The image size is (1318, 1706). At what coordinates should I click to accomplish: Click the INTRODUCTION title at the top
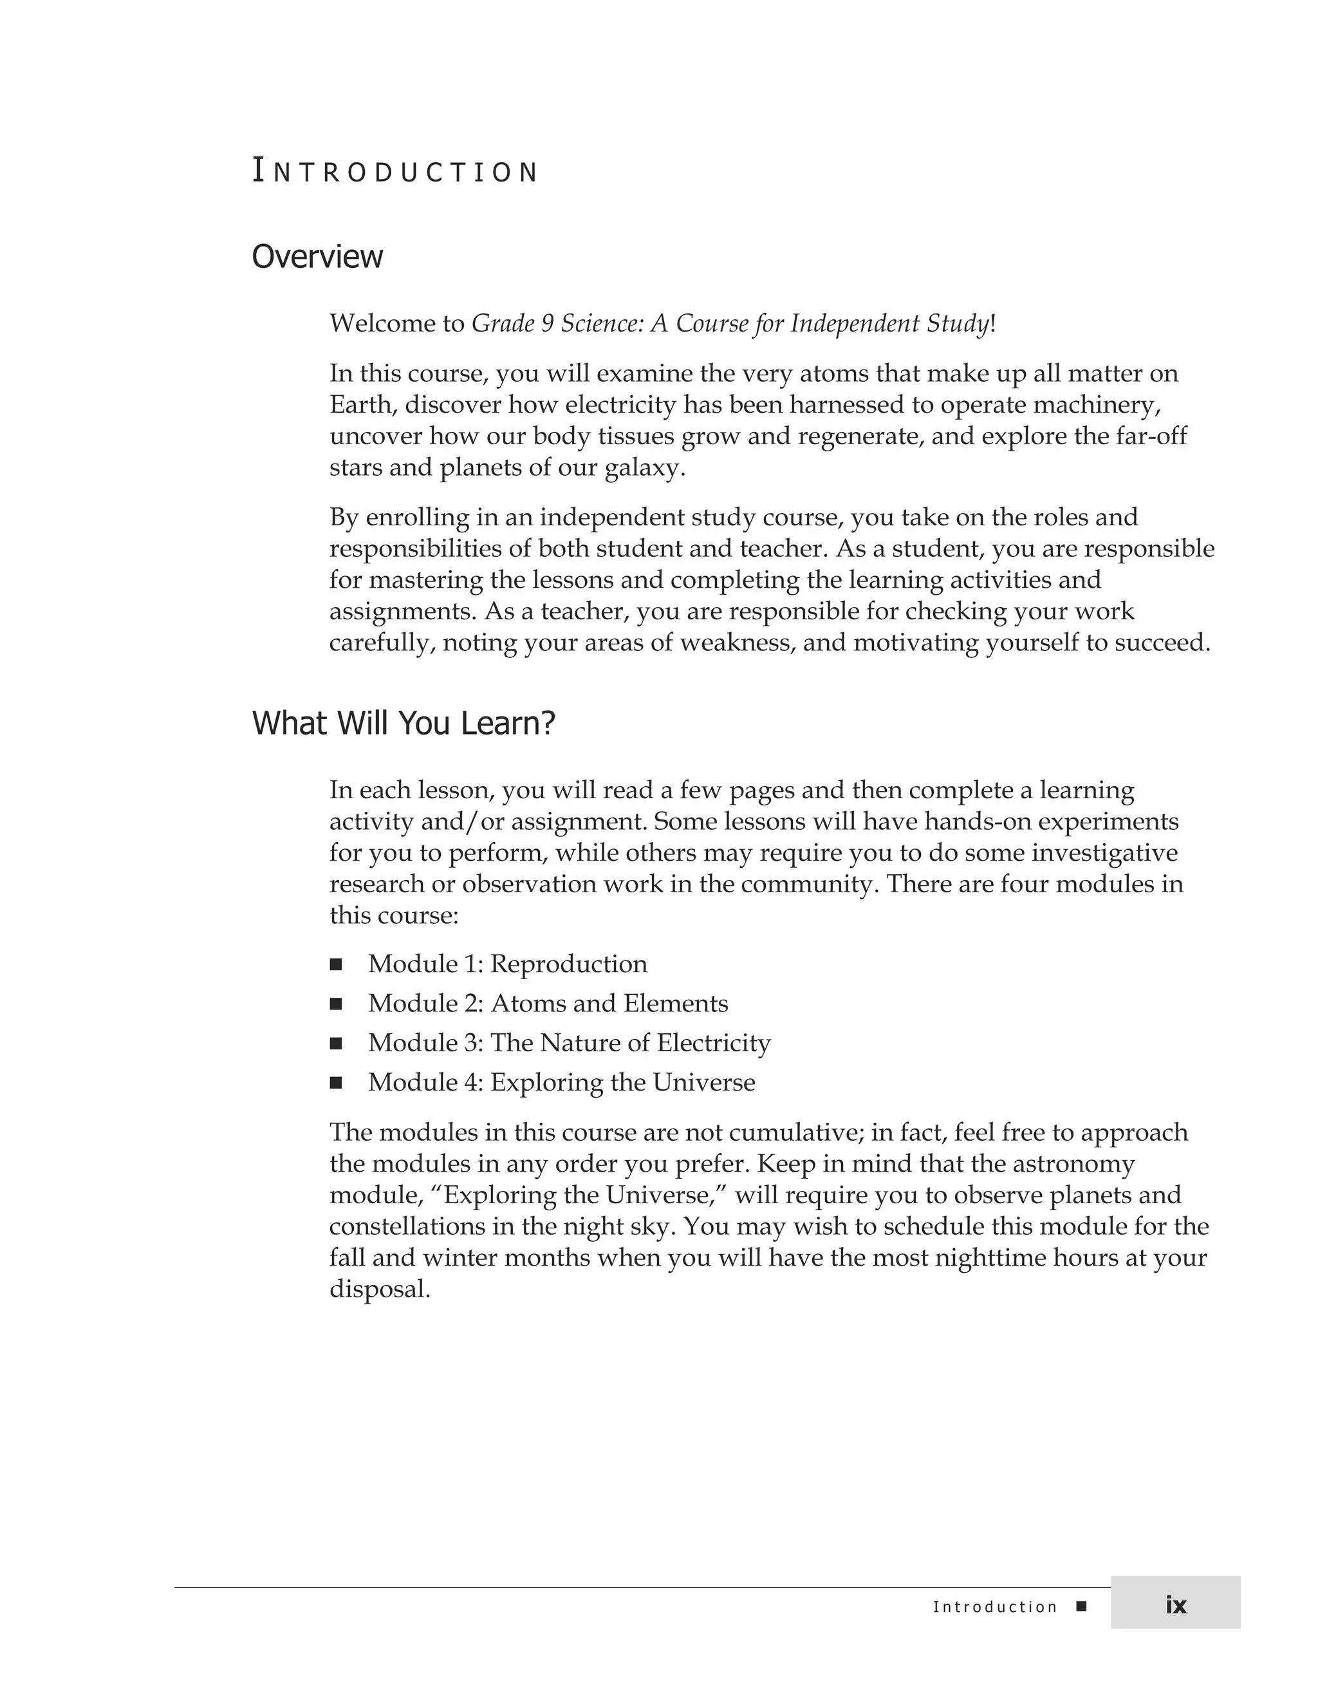click(x=394, y=172)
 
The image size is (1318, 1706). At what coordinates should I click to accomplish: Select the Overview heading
click(x=317, y=257)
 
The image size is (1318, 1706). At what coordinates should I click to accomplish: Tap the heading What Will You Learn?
click(x=403, y=724)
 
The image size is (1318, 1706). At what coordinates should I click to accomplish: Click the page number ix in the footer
click(x=1175, y=1604)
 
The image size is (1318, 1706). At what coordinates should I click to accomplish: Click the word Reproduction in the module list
click(x=568, y=964)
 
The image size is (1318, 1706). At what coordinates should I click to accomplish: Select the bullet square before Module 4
click(x=336, y=1083)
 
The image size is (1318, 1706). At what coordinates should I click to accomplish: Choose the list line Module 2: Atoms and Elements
click(x=548, y=1004)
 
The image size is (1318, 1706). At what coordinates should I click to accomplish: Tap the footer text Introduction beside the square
click(x=995, y=1607)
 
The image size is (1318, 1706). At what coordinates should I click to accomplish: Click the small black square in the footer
click(x=1081, y=1606)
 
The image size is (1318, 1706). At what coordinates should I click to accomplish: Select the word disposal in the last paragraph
click(x=380, y=1289)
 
